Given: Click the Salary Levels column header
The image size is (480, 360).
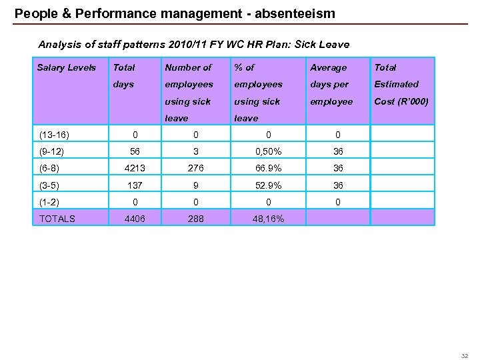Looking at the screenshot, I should click(x=67, y=67).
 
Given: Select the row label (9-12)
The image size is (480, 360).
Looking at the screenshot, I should click(x=52, y=151).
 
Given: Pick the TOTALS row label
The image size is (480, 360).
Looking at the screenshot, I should click(x=57, y=218).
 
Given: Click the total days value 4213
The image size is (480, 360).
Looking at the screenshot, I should click(x=135, y=168).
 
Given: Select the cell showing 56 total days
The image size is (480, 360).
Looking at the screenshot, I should click(x=135, y=151).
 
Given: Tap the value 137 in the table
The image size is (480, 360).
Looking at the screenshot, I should click(x=135, y=185).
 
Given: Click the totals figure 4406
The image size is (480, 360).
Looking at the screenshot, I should click(x=135, y=218).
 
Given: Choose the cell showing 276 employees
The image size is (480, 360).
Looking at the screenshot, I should click(x=196, y=168).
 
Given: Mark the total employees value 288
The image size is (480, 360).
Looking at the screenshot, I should click(x=196, y=218).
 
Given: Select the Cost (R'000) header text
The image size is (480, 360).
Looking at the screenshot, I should click(x=401, y=101).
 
